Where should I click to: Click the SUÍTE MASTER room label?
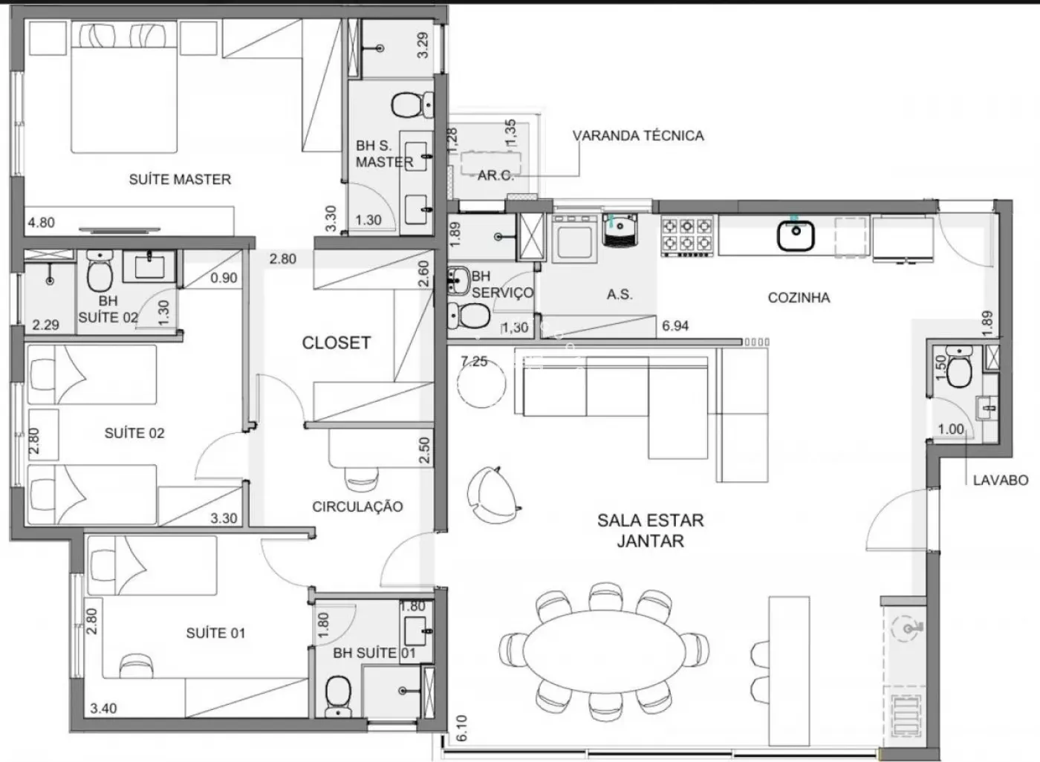[180, 179]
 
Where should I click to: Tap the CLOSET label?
[336, 343]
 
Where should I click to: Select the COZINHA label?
[799, 298]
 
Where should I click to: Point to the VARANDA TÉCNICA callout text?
[638, 135]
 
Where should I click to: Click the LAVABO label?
[1001, 480]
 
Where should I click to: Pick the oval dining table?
[605, 651]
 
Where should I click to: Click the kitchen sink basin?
[796, 235]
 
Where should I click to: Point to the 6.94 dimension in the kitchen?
[675, 326]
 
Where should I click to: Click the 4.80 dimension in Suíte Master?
[42, 223]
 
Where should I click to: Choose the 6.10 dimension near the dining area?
[462, 728]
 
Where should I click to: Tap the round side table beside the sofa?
[481, 384]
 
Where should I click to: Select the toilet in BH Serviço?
[468, 316]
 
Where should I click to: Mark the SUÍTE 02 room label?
[134, 433]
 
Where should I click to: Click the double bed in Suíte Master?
[125, 87]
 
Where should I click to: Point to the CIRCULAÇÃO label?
[357, 507]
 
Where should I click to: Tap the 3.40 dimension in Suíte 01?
[103, 709]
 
